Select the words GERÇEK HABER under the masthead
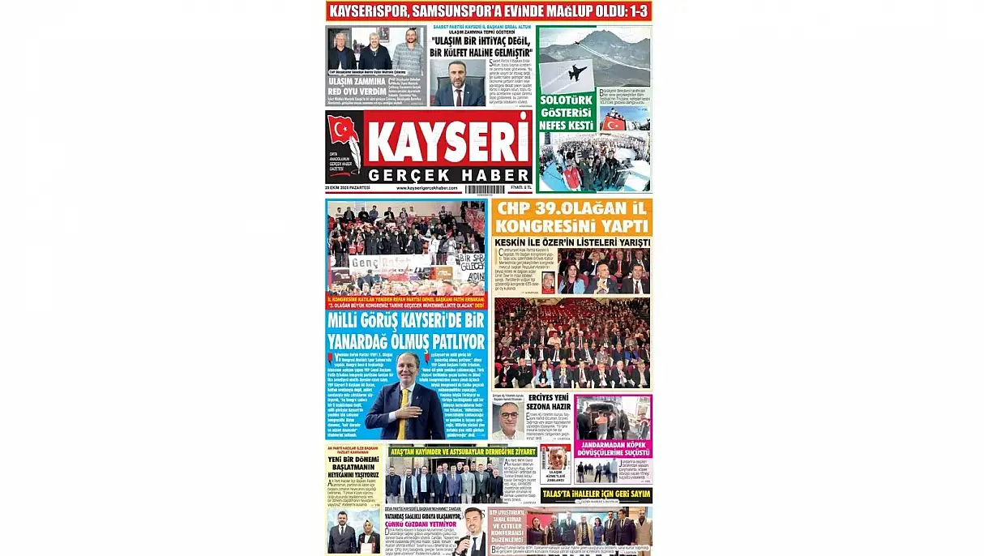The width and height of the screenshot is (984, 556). (x=447, y=174)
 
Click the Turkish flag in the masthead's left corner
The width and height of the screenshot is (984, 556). (x=343, y=130)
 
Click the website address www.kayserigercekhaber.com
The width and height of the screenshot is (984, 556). (x=427, y=188)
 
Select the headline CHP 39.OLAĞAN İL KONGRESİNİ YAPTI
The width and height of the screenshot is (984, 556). (x=571, y=216)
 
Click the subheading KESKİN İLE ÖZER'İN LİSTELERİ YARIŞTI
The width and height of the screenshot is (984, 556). (x=571, y=242)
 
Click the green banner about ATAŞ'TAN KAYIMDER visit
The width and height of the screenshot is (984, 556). (x=463, y=451)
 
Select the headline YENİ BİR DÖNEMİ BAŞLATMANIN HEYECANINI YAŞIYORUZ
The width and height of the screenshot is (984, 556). (x=353, y=468)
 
